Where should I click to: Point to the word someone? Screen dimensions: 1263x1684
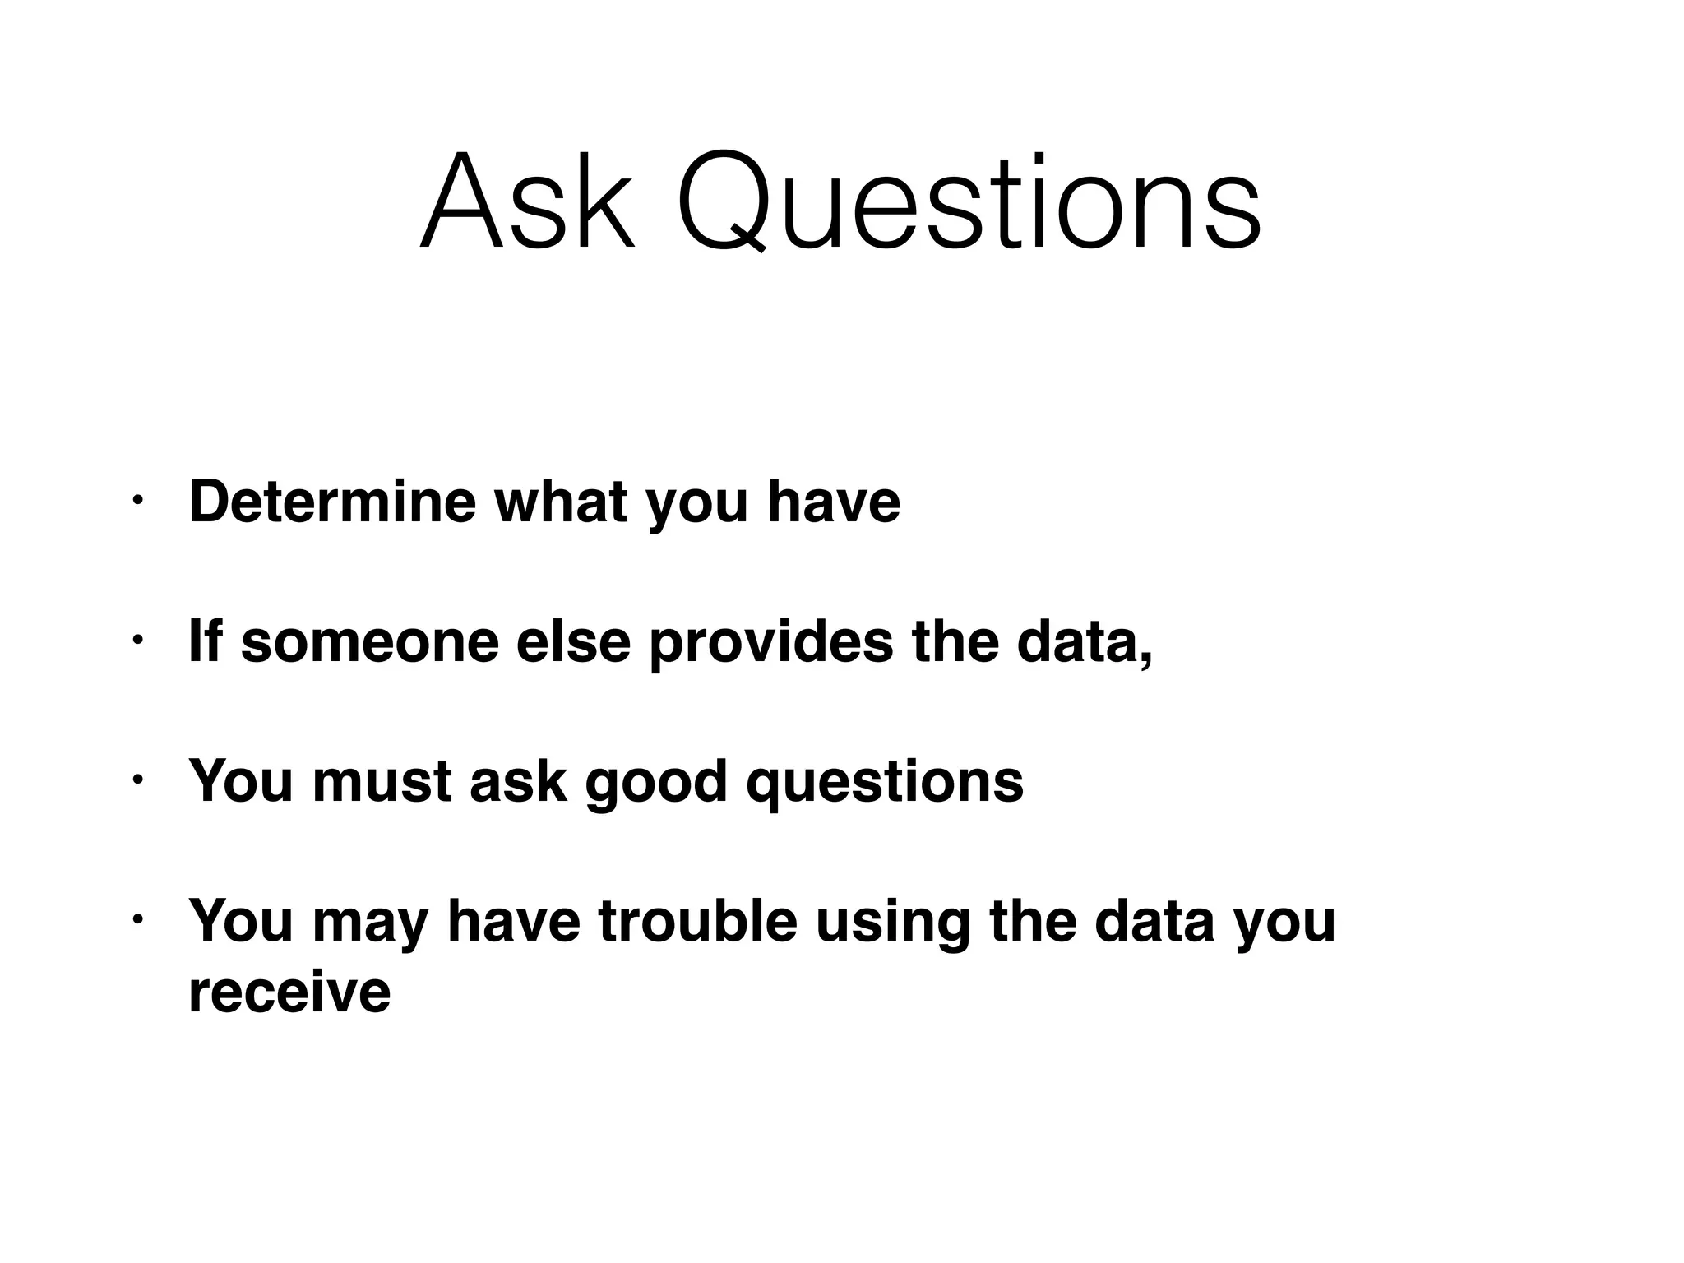pos(370,641)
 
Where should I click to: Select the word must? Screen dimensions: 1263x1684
pos(382,781)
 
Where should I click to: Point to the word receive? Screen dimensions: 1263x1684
pos(289,992)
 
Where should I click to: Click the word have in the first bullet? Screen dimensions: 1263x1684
pos(834,501)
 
